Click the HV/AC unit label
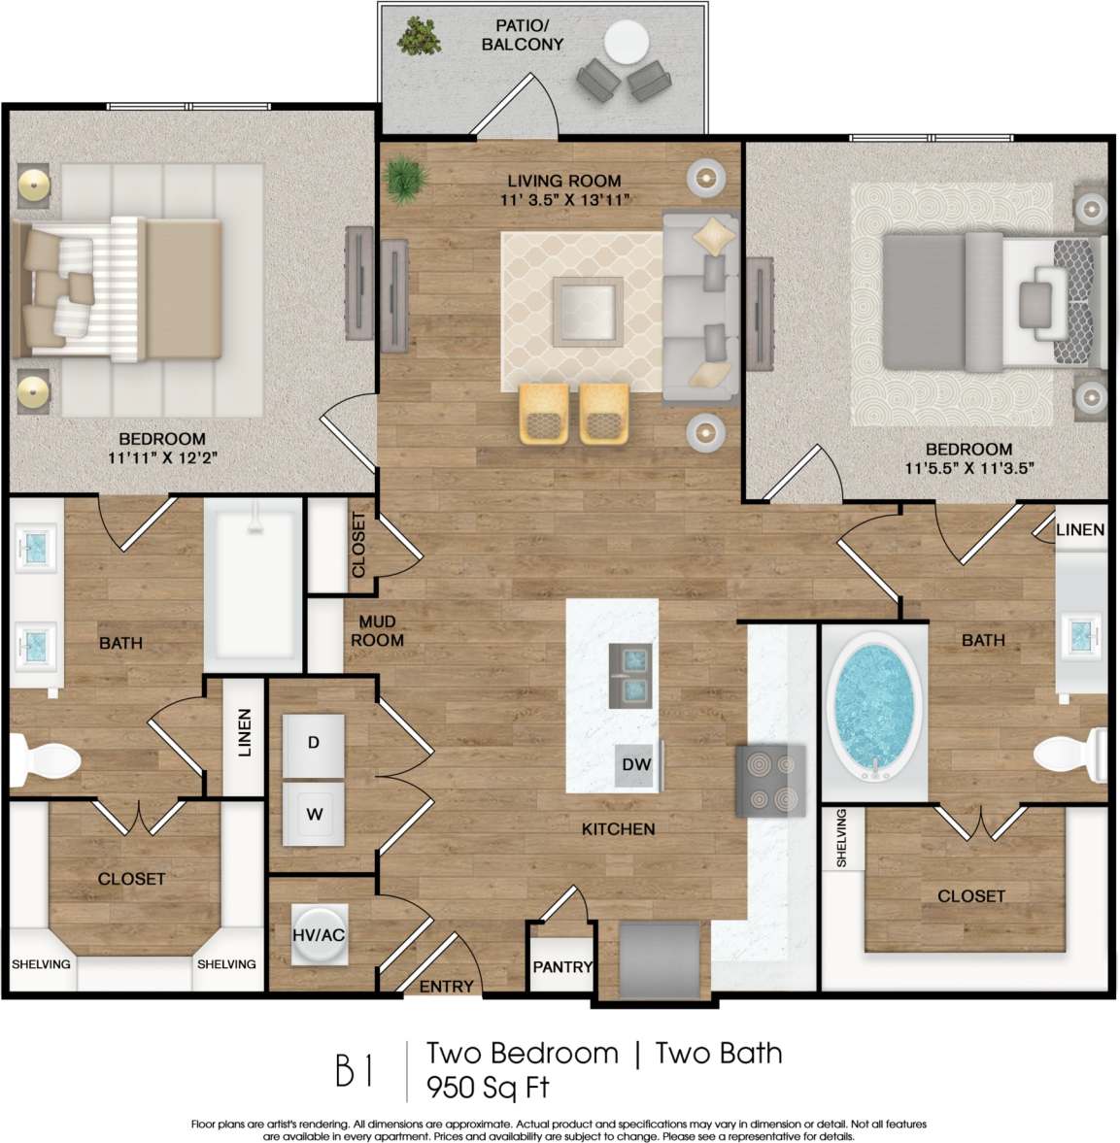pyautogui.click(x=319, y=935)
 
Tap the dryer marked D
pyautogui.click(x=314, y=744)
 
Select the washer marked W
pyautogui.click(x=314, y=814)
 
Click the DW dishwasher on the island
pyautogui.click(x=636, y=765)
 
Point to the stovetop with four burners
pyautogui.click(x=770, y=781)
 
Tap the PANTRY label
pyautogui.click(x=561, y=967)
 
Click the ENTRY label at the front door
pyautogui.click(x=446, y=987)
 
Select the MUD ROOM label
pyautogui.click(x=377, y=631)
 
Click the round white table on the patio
pyautogui.click(x=626, y=44)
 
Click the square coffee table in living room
pyautogui.click(x=588, y=311)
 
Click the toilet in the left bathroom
pyautogui.click(x=45, y=758)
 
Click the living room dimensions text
pyautogui.click(x=563, y=200)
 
